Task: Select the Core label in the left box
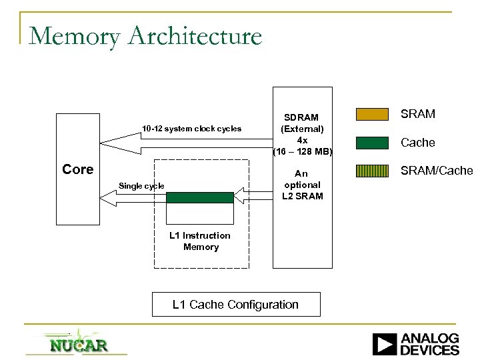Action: pos(77,169)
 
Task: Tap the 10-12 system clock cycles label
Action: pos(191,128)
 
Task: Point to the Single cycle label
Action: pos(141,185)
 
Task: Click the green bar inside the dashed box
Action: pos(200,197)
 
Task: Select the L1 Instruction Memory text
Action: pos(200,241)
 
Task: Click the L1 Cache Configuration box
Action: pos(235,305)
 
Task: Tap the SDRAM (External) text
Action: pos(302,123)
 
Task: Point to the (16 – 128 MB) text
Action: pos(302,151)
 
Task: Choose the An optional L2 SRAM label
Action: pos(302,185)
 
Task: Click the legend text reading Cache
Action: pos(419,143)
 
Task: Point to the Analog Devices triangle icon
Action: pos(384,344)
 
